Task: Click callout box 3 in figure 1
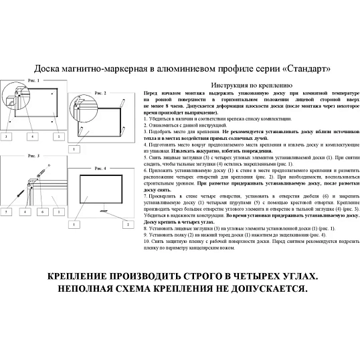point(7,136)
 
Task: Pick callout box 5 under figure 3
point(7,211)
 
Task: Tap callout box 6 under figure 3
point(42,211)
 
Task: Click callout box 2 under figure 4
point(126,223)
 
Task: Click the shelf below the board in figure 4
point(102,211)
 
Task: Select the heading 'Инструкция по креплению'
point(251,86)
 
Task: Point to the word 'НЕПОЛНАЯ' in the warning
point(88,290)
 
